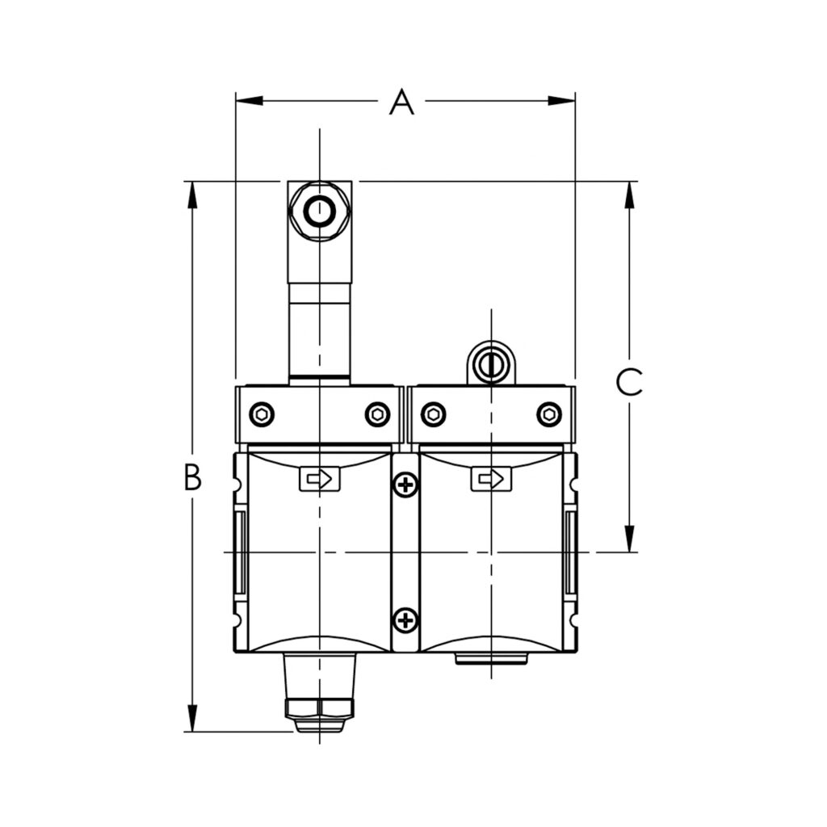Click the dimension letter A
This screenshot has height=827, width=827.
click(401, 103)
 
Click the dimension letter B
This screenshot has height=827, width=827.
click(191, 478)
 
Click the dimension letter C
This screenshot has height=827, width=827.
click(629, 382)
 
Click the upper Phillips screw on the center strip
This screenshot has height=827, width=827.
click(405, 485)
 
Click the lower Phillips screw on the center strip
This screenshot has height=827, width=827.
click(405, 620)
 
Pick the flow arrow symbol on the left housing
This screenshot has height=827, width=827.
click(320, 480)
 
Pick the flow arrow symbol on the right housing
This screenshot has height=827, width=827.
click(491, 480)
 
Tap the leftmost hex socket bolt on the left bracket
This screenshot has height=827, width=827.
click(262, 414)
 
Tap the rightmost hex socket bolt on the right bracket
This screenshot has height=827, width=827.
click(549, 414)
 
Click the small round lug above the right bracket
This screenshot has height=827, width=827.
click(489, 365)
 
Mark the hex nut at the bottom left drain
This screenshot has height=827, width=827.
click(320, 708)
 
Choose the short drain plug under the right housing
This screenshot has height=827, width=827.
click(491, 659)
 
